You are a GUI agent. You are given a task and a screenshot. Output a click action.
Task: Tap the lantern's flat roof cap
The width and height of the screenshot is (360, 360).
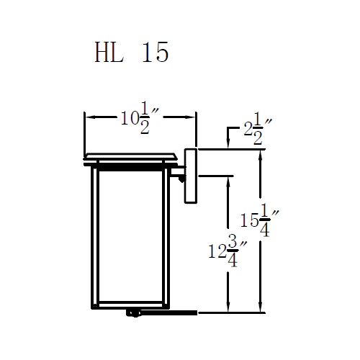tap(130, 156)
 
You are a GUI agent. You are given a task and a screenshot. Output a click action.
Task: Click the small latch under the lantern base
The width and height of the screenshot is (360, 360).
tap(133, 312)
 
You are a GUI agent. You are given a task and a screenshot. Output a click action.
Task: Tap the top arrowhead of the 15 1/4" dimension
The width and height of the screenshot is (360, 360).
tap(260, 154)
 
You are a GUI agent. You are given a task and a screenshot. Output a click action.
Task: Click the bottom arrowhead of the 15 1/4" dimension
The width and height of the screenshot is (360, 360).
tap(260, 309)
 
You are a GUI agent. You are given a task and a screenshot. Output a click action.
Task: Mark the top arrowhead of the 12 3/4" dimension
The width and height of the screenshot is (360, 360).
tap(228, 179)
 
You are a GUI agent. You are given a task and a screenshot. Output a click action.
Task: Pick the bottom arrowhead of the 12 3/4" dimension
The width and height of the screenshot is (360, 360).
tap(228, 309)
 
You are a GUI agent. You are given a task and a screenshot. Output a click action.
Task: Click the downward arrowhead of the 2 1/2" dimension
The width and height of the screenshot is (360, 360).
tap(228, 145)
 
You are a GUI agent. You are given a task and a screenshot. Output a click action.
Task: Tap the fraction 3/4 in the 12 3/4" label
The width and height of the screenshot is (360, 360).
tap(233, 253)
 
